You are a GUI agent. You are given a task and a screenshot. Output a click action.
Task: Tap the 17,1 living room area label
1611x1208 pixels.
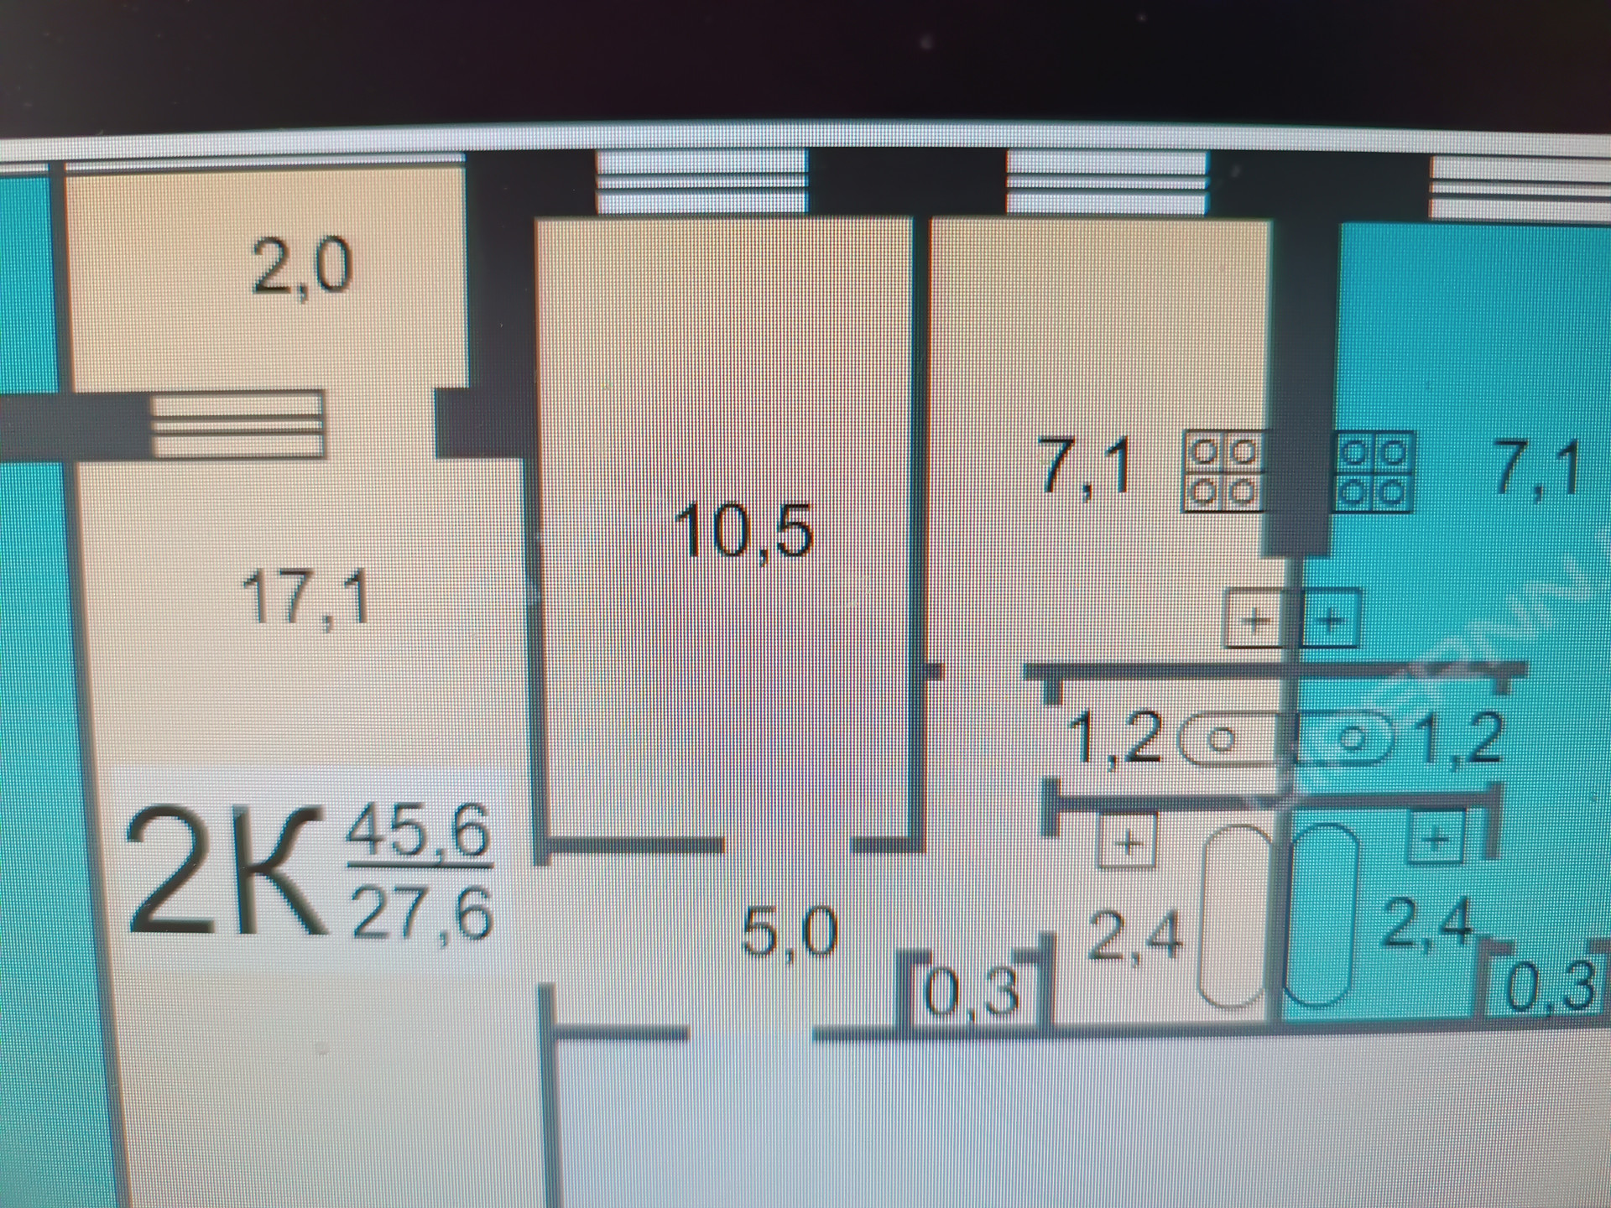tap(305, 599)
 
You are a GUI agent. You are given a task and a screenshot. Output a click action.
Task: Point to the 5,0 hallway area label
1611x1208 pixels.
tap(790, 933)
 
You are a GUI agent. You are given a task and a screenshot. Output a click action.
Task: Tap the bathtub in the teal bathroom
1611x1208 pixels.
tap(1322, 916)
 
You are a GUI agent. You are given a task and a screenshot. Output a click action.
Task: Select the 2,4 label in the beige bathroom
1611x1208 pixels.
tap(1134, 936)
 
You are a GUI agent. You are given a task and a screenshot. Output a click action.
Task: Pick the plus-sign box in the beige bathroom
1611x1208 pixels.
tap(1128, 841)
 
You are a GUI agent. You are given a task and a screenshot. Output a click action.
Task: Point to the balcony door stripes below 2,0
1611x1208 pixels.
tap(237, 425)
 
